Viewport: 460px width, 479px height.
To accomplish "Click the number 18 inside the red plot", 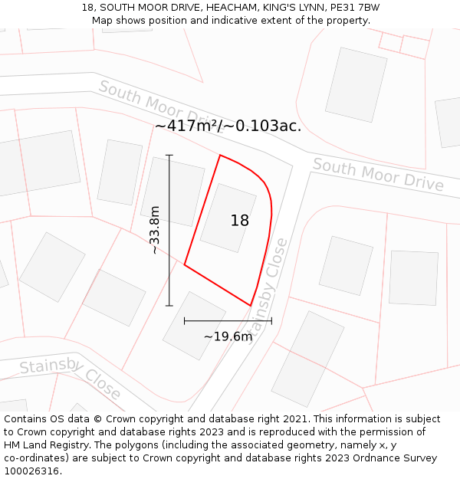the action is [x=239, y=221].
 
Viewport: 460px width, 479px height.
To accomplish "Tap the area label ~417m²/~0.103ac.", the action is [x=228, y=126].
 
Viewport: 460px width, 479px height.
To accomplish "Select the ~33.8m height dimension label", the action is [x=155, y=230].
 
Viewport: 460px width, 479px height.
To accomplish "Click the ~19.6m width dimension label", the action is [x=228, y=336].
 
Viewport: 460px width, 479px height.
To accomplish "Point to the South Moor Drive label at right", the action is [x=378, y=176].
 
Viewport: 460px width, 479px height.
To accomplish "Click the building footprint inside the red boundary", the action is [x=228, y=218].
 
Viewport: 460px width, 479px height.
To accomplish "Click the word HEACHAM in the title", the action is [x=229, y=8].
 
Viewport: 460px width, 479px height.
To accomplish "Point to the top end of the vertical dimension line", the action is [x=169, y=156].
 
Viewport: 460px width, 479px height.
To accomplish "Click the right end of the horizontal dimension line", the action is [x=271, y=321].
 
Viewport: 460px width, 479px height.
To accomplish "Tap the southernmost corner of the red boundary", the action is [x=251, y=306].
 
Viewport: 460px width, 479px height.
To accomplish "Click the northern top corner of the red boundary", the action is [x=220, y=155].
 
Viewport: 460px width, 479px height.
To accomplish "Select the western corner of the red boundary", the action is [x=185, y=265].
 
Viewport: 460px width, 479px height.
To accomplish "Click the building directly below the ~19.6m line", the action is [x=194, y=326].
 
